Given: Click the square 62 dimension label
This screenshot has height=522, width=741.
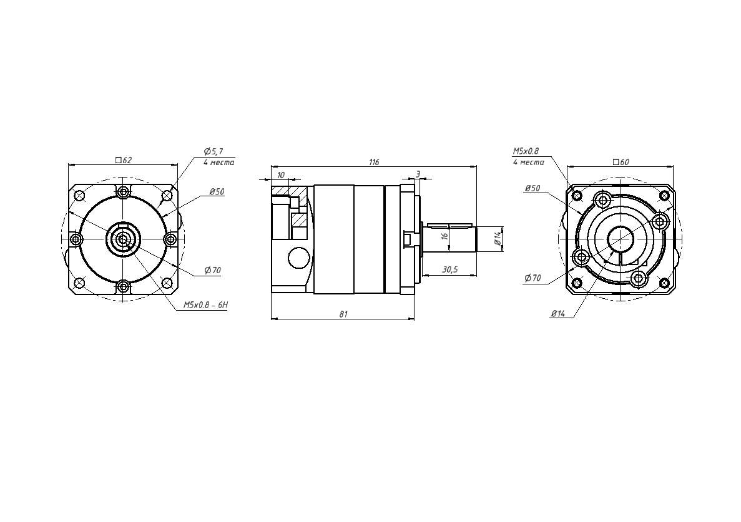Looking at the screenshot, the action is pyautogui.click(x=124, y=161).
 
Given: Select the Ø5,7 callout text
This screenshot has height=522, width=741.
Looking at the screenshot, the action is pyautogui.click(x=213, y=151).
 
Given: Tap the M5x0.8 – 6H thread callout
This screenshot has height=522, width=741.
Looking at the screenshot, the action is pyautogui.click(x=205, y=305).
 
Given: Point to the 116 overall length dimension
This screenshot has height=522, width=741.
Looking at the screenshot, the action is pyautogui.click(x=374, y=162).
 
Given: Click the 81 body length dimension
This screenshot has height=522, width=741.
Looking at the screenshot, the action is pyautogui.click(x=343, y=314).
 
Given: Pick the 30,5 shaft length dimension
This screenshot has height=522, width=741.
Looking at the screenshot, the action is pyautogui.click(x=449, y=269).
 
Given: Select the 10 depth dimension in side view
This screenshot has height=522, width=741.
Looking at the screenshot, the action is pyautogui.click(x=281, y=175).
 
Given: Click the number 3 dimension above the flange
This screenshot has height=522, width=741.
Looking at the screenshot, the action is pyautogui.click(x=418, y=174).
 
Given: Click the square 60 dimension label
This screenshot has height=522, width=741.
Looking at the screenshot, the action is pyautogui.click(x=621, y=162).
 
